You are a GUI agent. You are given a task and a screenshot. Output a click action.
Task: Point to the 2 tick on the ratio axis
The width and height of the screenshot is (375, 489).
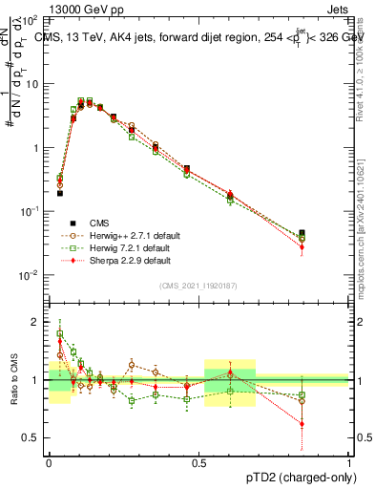pos(36,322)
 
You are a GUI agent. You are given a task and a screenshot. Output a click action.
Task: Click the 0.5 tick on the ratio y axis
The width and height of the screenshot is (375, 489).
pos(32,438)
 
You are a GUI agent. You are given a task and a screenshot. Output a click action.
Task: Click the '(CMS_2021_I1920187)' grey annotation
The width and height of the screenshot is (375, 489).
pos(198,286)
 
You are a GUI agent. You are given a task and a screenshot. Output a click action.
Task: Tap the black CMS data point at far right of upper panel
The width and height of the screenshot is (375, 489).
pos(302,233)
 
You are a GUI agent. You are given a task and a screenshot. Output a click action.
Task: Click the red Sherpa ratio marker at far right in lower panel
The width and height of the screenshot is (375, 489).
pos(302,424)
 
